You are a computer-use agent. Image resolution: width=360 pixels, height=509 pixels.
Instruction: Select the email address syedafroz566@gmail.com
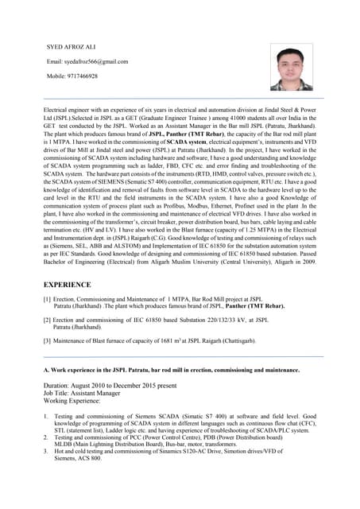point(88,61)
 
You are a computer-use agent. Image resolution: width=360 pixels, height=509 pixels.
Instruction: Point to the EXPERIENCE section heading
point(67,284)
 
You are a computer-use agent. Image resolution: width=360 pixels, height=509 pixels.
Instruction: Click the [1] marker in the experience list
point(47,299)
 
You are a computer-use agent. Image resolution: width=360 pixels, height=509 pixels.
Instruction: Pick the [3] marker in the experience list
point(47,340)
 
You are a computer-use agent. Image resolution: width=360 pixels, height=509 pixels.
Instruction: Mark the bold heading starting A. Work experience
point(171,370)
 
